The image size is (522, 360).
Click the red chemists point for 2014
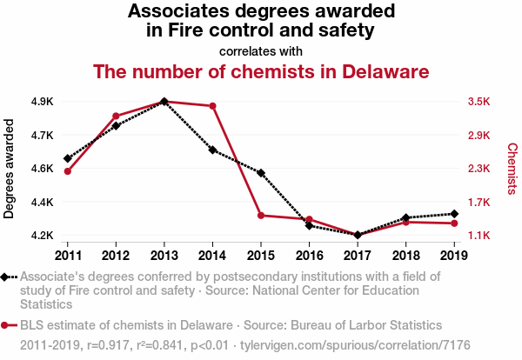click(212, 106)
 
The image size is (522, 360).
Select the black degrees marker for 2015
click(261, 173)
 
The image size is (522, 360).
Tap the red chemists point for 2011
click(67, 171)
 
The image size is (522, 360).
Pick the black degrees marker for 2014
click(212, 150)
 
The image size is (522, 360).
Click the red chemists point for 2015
click(261, 215)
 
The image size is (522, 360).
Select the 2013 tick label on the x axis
click(164, 255)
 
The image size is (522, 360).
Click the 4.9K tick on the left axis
click(42, 102)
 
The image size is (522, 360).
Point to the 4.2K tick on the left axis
click(42, 236)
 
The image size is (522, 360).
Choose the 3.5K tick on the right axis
click(479, 102)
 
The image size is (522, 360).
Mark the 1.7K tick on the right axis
click(479, 203)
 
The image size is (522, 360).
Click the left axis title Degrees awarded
click(10, 169)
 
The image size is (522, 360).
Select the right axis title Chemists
click(512, 169)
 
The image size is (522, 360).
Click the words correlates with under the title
click(261, 50)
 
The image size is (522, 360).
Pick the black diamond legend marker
click(9, 277)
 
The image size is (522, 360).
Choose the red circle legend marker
click(9, 326)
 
